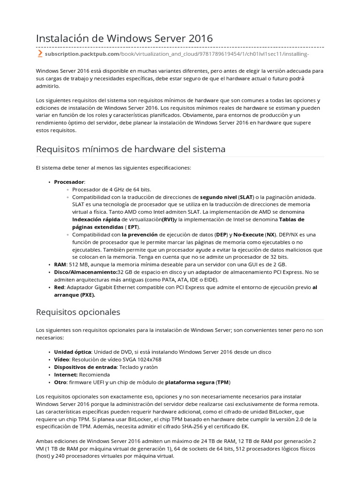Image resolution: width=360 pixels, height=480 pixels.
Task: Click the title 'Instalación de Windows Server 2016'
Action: pyautogui.click(x=124, y=38)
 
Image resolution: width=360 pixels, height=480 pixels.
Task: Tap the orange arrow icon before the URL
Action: pyautogui.click(x=40, y=54)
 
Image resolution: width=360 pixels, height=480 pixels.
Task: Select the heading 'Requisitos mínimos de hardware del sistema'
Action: pyautogui.click(x=131, y=149)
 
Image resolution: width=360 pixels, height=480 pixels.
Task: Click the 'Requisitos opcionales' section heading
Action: pyautogui.click(x=78, y=312)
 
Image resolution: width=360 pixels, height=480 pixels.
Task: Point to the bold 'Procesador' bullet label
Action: pyautogui.click(x=69, y=181)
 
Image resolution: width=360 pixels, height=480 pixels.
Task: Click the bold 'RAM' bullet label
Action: pyautogui.click(x=60, y=264)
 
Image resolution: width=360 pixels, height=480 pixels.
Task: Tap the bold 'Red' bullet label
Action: pyautogui.click(x=59, y=287)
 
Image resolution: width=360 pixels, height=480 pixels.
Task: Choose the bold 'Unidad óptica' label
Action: pyautogui.click(x=72, y=352)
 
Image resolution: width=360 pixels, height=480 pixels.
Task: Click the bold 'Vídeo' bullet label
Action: pyautogui.click(x=62, y=359)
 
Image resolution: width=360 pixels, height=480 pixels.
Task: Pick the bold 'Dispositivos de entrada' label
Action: pyautogui.click(x=85, y=367)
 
